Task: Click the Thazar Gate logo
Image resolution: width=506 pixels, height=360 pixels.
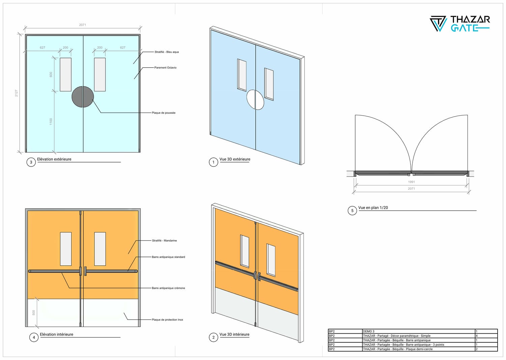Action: tap(460, 24)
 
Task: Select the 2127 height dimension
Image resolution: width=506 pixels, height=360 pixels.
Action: tap(16, 93)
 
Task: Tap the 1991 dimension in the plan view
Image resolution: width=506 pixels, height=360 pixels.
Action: tap(411, 182)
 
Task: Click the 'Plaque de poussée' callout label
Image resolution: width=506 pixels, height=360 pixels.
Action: tap(164, 113)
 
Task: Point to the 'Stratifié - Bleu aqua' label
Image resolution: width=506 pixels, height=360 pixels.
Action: tap(167, 52)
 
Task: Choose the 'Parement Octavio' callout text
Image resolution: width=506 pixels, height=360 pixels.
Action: tap(165, 67)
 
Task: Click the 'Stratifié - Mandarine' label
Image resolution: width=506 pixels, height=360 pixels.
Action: tap(164, 241)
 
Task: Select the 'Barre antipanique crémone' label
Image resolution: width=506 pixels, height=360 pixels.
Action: tap(168, 288)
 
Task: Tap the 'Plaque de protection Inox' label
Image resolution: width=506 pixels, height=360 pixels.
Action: tap(167, 320)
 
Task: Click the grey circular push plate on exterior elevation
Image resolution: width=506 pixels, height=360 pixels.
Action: tap(83, 97)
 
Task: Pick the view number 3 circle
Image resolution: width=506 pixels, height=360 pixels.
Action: tap(31, 162)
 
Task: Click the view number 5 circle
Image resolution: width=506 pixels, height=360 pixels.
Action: tap(352, 211)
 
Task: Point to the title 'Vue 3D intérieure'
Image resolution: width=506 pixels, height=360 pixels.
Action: tap(234, 334)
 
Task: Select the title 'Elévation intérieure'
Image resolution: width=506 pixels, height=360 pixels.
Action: tap(56, 334)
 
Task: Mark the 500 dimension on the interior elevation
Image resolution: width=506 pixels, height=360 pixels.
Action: tap(34, 312)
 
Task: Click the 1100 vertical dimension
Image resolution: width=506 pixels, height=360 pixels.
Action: tap(51, 121)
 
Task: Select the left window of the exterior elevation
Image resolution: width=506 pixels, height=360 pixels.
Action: tap(65, 74)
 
